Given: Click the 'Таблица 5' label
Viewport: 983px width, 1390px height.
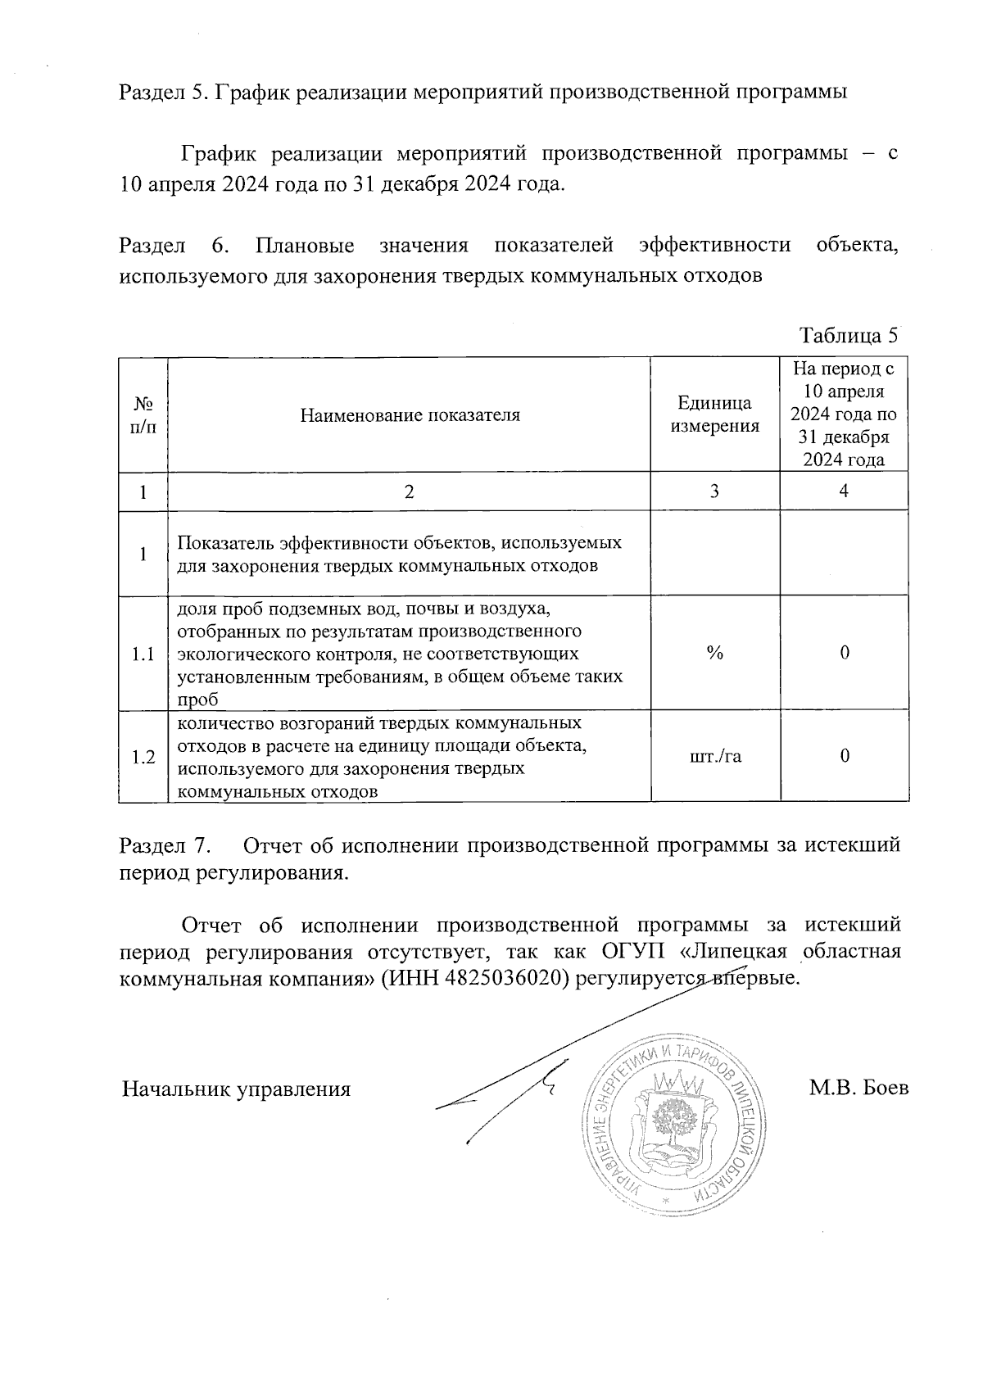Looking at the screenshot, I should [x=849, y=336].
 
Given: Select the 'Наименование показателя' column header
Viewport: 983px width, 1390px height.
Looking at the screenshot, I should [x=410, y=415].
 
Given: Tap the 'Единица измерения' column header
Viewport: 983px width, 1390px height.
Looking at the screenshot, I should [x=714, y=414].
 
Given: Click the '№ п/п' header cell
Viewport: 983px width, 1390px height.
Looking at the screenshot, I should [x=143, y=415].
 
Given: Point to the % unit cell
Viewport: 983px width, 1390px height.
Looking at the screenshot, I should [x=714, y=653].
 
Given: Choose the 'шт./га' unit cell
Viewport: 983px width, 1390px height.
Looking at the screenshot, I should [x=714, y=756].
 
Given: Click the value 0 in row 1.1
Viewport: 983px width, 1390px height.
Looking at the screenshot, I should [x=844, y=653].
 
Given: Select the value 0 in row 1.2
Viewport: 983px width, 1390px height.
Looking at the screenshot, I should [x=844, y=756].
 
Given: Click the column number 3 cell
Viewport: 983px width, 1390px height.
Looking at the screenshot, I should [x=714, y=491].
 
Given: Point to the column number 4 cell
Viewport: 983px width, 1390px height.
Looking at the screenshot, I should [x=844, y=491].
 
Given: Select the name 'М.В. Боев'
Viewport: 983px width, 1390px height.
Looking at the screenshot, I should [x=858, y=1089].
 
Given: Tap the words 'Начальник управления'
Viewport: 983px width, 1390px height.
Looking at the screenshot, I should [x=236, y=1089].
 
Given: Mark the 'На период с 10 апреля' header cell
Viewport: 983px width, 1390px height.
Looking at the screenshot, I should [x=844, y=414].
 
